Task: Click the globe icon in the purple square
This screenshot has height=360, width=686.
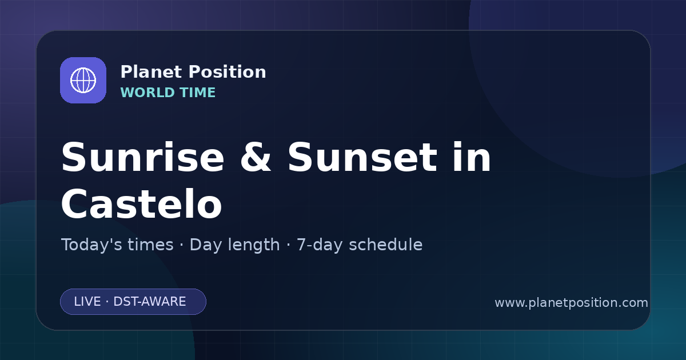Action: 83,80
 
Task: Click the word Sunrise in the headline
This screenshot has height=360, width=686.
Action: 143,157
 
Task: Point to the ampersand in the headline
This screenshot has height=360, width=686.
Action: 256,157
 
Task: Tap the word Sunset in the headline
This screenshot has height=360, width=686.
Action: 362,157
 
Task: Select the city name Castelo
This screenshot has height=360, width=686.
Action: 142,203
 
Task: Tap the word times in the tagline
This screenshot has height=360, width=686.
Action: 150,245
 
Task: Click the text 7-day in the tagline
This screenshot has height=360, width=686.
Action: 319,245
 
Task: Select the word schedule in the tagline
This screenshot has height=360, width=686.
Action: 385,245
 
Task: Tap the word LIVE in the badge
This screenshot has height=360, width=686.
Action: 87,302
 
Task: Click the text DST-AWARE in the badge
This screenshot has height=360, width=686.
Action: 149,302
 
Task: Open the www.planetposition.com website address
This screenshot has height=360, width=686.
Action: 571,303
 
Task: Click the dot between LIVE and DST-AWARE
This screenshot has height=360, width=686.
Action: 107,302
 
